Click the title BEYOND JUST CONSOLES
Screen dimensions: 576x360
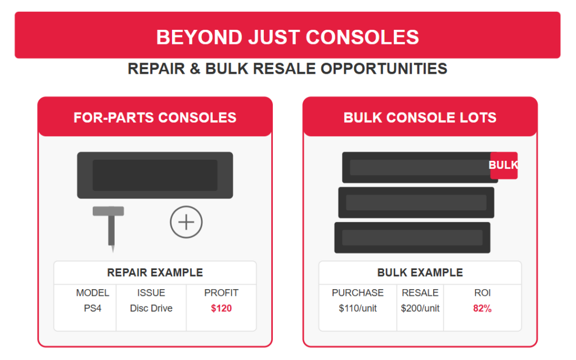point(287,37)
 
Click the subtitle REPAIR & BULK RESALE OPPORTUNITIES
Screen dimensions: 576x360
point(287,69)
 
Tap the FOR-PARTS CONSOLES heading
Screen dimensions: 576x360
point(155,118)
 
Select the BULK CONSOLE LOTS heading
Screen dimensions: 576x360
point(420,118)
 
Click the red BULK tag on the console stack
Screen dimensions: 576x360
point(503,165)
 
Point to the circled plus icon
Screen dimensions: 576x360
point(186,222)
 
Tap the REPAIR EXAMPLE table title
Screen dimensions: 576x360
point(155,273)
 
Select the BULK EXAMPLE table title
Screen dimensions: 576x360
point(420,273)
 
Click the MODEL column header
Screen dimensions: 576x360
point(93,292)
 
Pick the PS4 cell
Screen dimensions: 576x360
point(93,308)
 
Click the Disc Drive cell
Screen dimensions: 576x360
point(151,308)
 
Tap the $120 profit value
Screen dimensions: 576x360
point(222,308)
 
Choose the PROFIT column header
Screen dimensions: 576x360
point(222,292)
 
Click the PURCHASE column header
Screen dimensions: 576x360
point(358,292)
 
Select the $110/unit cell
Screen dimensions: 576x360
point(358,308)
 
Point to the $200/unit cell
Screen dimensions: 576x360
point(420,308)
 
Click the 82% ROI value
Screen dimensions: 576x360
point(482,308)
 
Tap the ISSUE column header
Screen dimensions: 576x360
point(151,292)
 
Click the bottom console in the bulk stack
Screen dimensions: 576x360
point(412,238)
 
